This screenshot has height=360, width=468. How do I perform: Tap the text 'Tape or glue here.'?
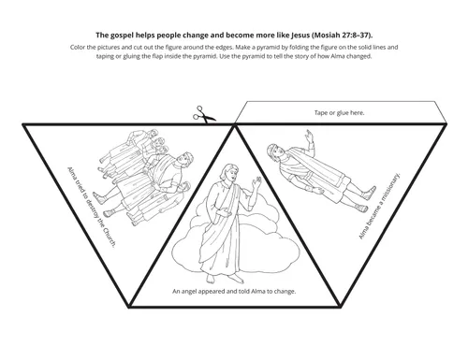tap(338, 112)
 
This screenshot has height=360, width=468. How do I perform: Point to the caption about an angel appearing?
tap(234, 292)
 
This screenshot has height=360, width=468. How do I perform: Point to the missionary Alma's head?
tap(272, 149)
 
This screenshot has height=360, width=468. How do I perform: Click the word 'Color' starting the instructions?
tap(78, 45)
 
